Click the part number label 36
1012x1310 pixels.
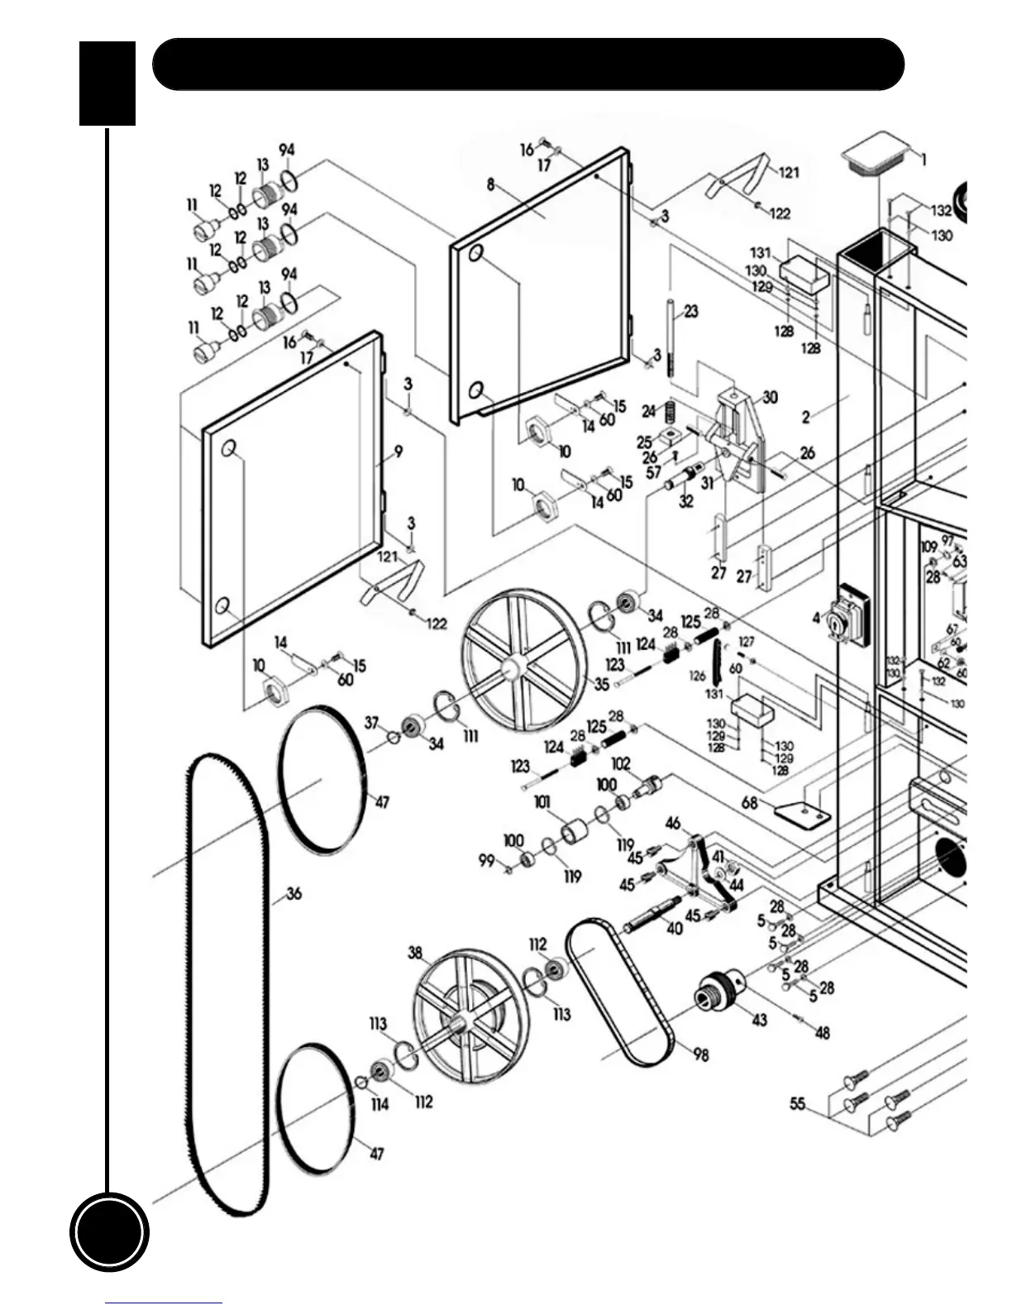pos(294,893)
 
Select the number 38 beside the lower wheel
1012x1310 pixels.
pos(415,953)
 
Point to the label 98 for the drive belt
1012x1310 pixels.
pos(701,1054)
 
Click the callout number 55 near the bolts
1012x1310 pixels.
pos(798,1103)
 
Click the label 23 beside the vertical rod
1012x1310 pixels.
pos(691,311)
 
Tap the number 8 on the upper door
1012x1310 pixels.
pos(491,184)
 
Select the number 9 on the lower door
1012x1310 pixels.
pos(399,452)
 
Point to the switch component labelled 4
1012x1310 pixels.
pos(847,617)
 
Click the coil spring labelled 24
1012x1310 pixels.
pos(671,410)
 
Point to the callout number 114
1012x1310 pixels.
pos(379,1104)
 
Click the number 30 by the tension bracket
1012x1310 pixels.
pos(770,398)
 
